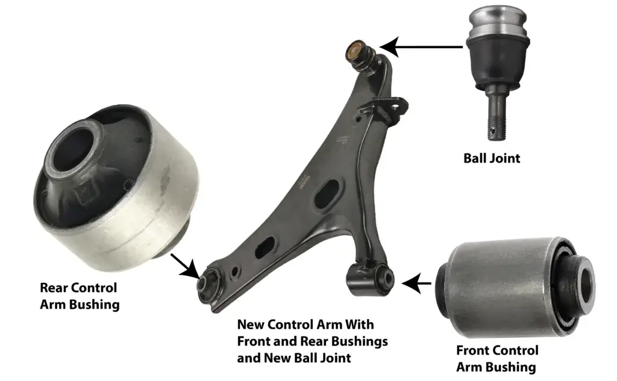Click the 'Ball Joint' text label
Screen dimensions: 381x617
pos(491,159)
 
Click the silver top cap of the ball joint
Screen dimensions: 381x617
pos(497,21)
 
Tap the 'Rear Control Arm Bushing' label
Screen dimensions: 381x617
pos(79,296)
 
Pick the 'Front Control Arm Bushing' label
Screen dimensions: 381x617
pos(496,358)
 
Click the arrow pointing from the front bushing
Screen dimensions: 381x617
pos(416,282)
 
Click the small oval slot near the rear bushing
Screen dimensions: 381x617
pos(264,247)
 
